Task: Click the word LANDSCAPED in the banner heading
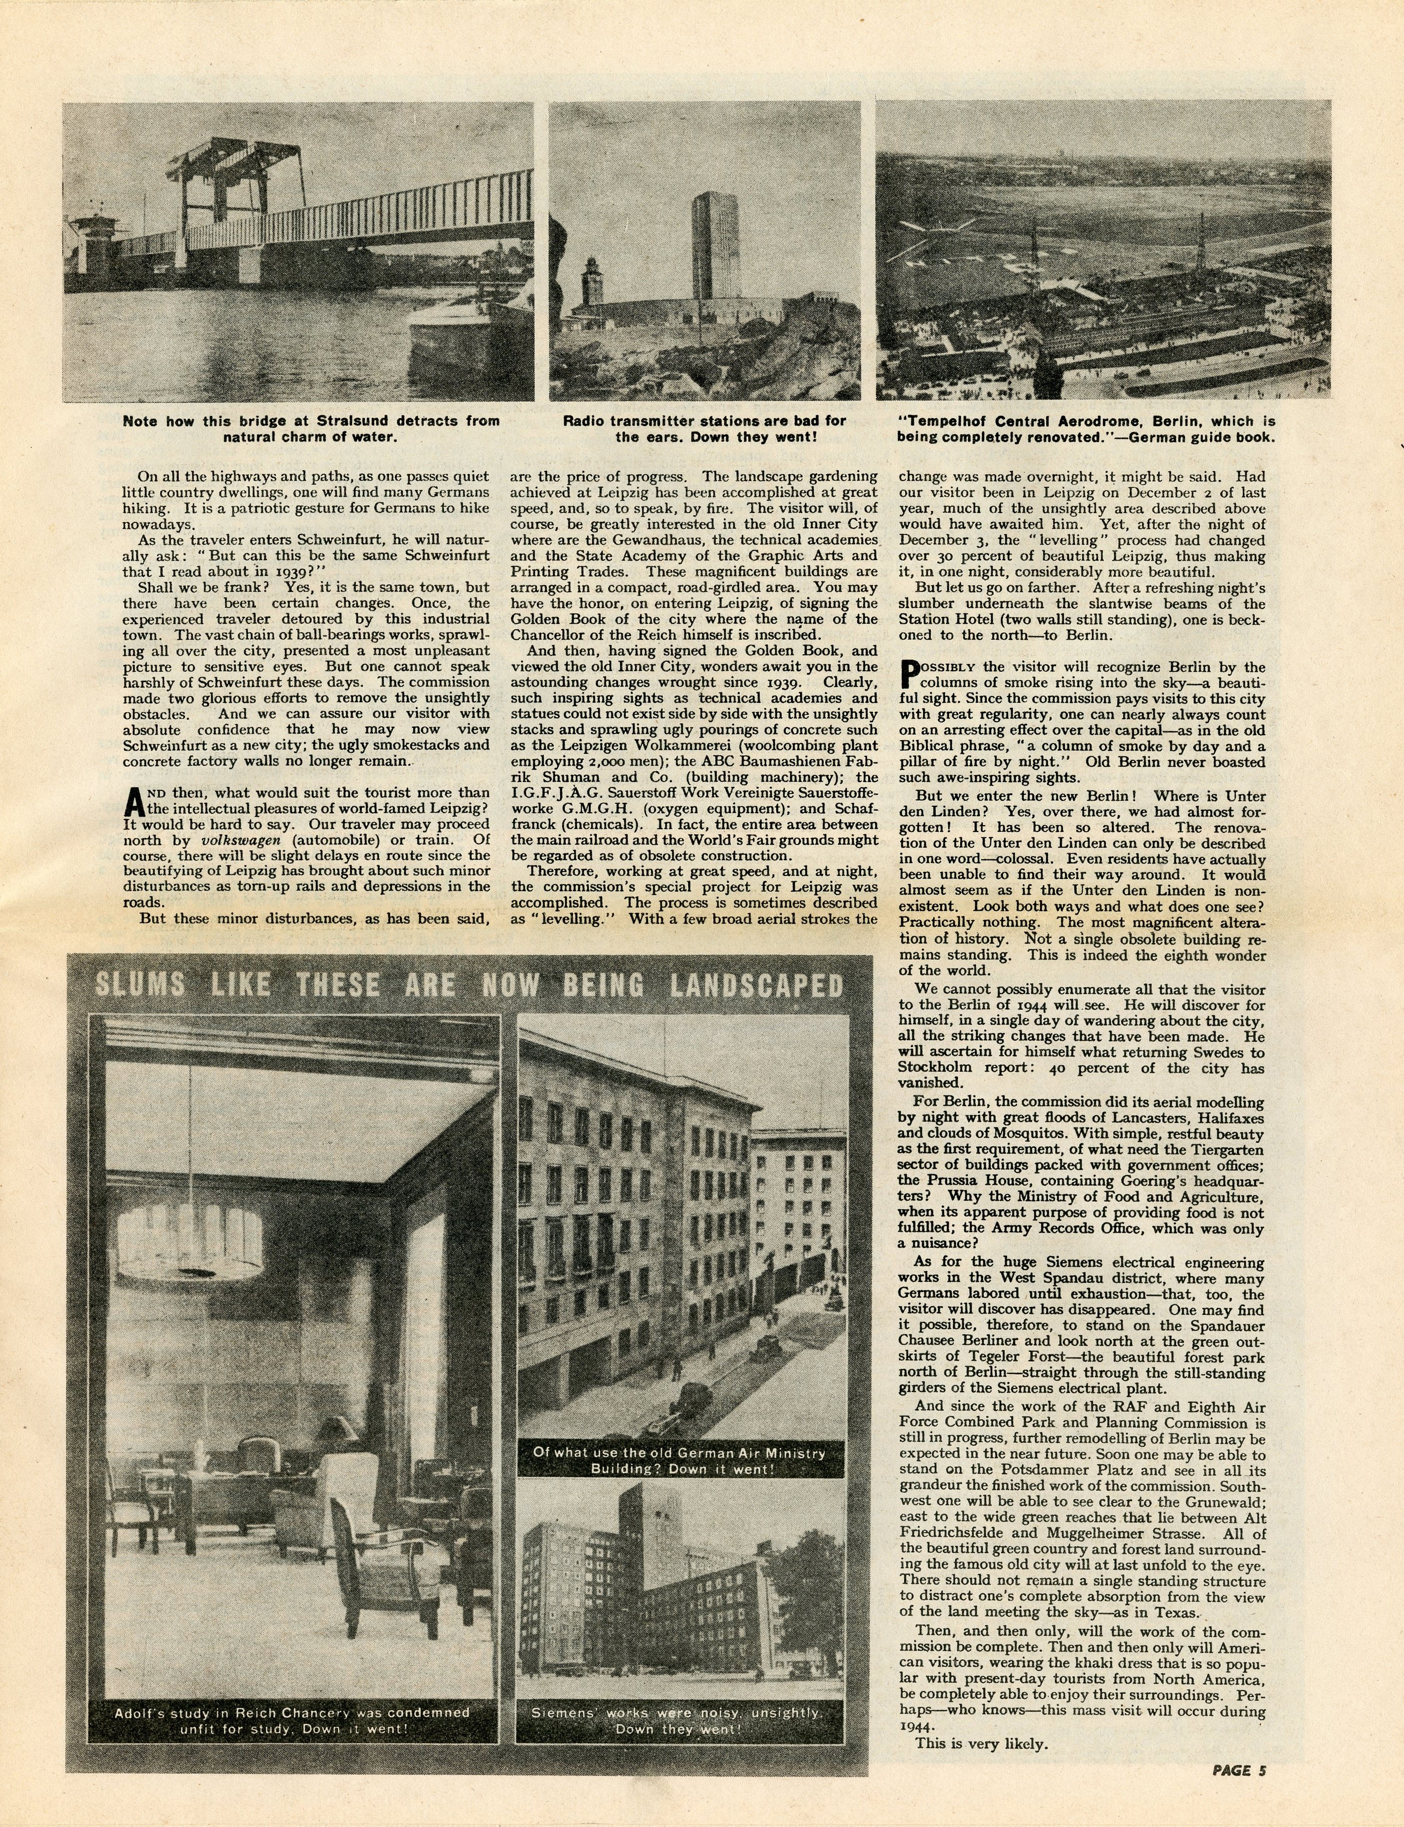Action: pyautogui.click(x=762, y=987)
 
